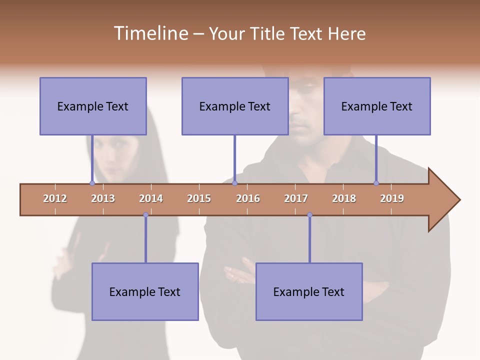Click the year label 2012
click(x=55, y=198)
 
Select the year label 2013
click(x=103, y=198)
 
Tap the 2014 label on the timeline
click(x=151, y=198)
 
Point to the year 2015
click(x=199, y=198)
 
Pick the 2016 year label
click(x=248, y=198)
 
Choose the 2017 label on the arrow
click(x=296, y=198)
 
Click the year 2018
click(x=344, y=198)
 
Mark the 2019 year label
click(x=392, y=198)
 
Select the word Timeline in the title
click(x=150, y=33)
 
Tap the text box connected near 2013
click(x=93, y=106)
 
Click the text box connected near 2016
click(x=235, y=106)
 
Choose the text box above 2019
click(x=377, y=106)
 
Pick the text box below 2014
click(x=145, y=291)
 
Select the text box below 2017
click(x=309, y=291)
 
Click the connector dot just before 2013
click(x=92, y=183)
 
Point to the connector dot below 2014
click(x=145, y=215)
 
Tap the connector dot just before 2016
click(x=234, y=183)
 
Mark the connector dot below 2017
click(x=309, y=215)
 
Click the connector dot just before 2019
click(x=376, y=183)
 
